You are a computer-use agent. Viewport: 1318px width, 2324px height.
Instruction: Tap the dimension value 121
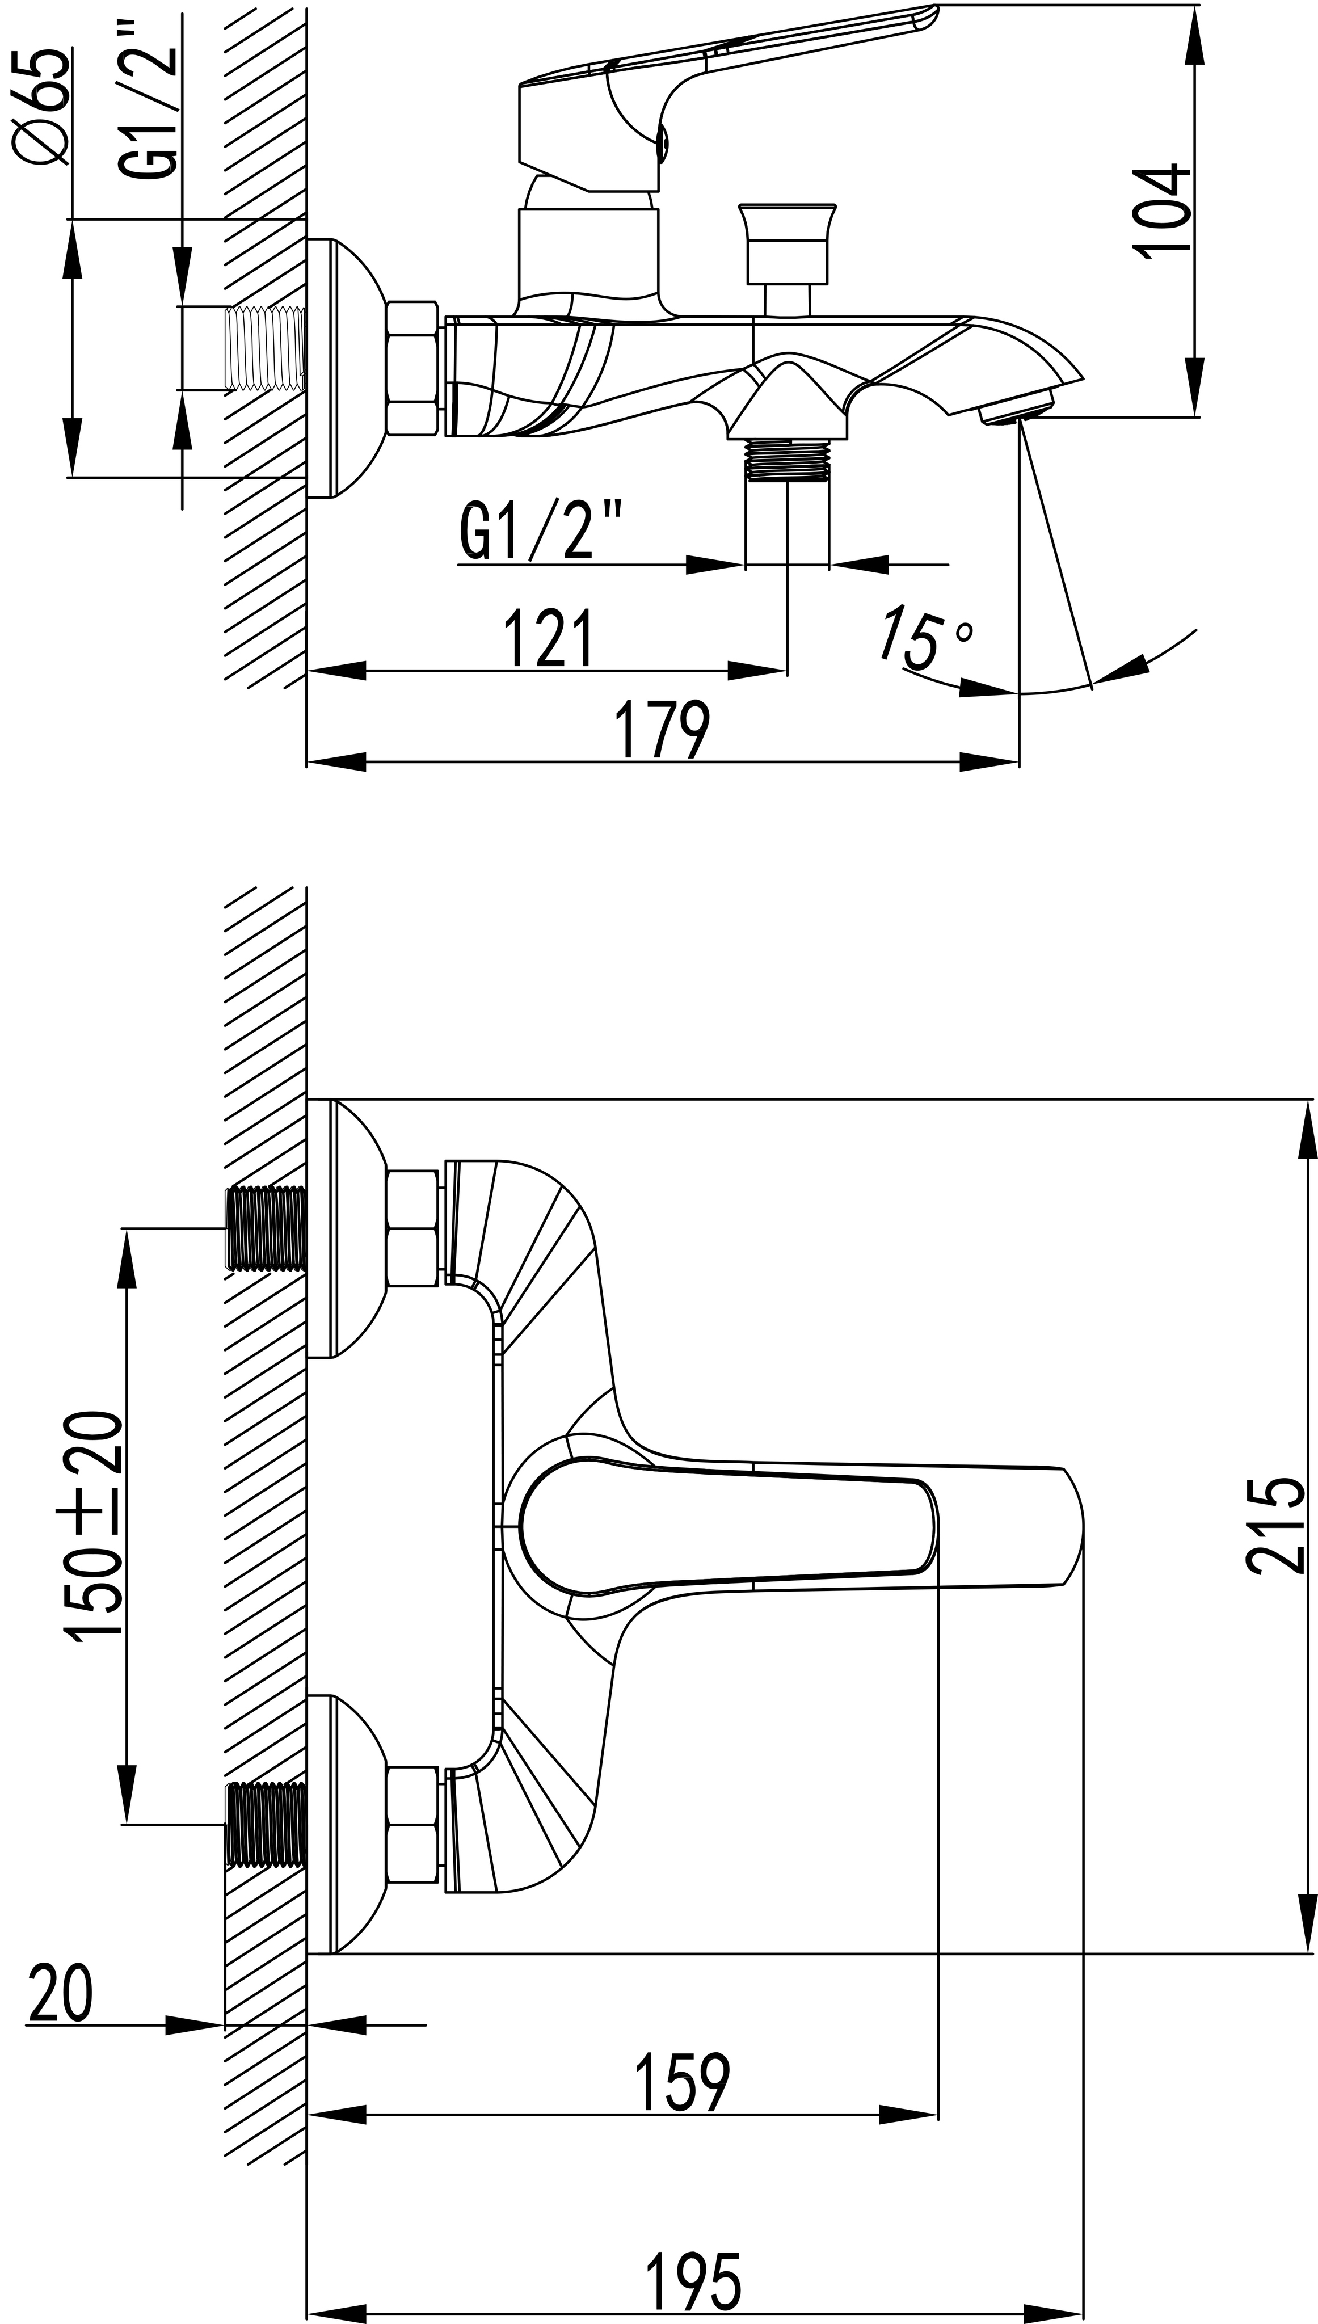[x=549, y=637]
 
